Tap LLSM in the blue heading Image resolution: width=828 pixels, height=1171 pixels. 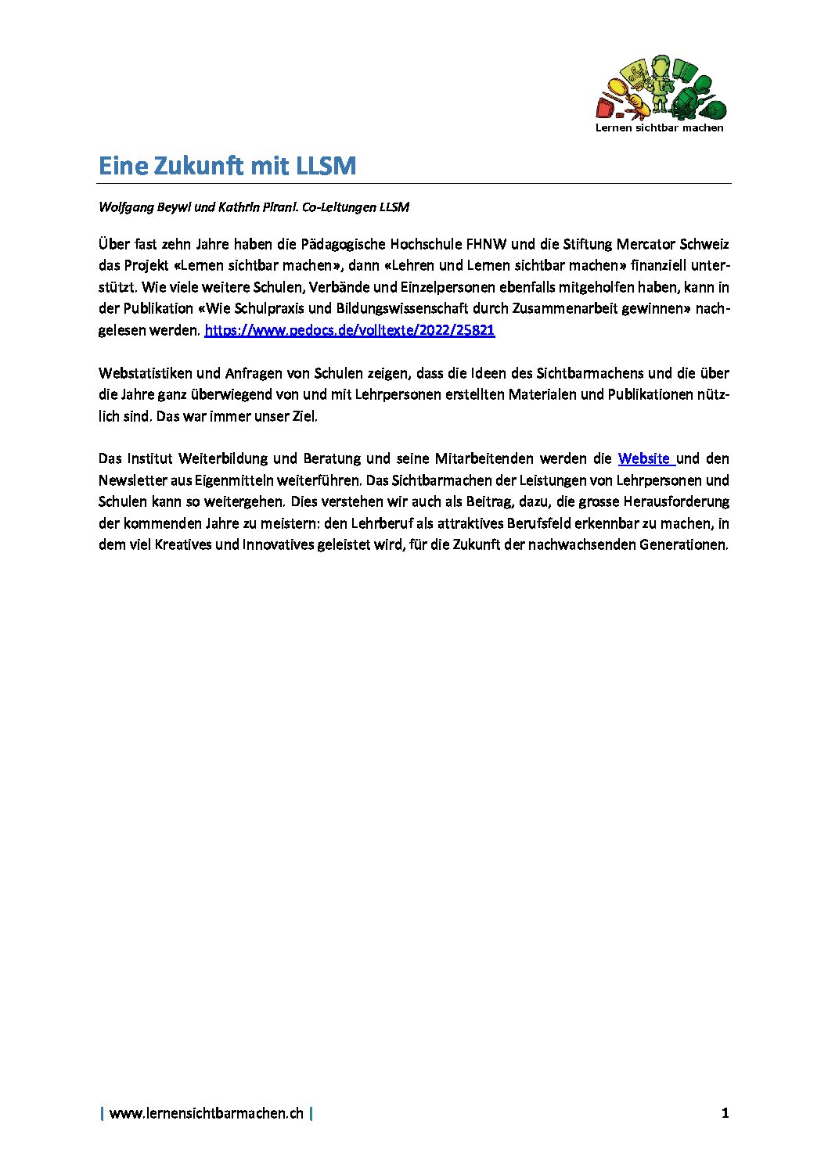326,166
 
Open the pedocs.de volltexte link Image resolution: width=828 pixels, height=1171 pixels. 349,330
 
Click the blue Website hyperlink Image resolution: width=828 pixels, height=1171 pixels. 644,458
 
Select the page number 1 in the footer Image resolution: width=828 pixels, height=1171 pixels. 725,1112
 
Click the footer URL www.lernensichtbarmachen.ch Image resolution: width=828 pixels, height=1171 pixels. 206,1112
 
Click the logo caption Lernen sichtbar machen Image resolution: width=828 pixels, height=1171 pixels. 660,128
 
